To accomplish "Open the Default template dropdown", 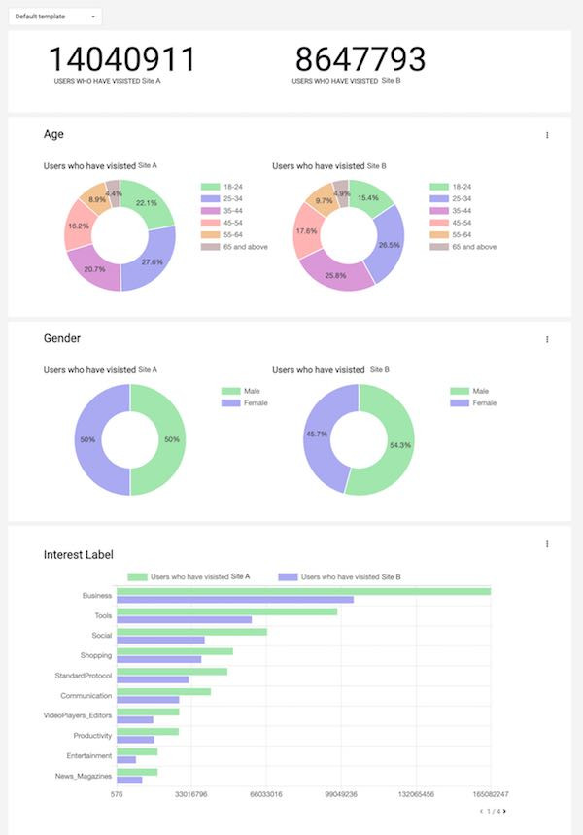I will pyautogui.click(x=54, y=17).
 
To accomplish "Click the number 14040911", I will pyautogui.click(x=122, y=60).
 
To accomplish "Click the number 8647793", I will pyautogui.click(x=360, y=60).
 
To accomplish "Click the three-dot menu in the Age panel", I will pyautogui.click(x=547, y=135).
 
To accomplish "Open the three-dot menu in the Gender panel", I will pyautogui.click(x=547, y=339).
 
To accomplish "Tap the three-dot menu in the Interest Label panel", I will pyautogui.click(x=547, y=544).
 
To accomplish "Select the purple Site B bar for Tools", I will pyautogui.click(x=184, y=619).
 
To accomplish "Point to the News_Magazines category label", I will pyautogui.click(x=84, y=776).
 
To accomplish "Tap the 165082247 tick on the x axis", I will pyautogui.click(x=491, y=794).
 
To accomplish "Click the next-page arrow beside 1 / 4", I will pyautogui.click(x=504, y=811).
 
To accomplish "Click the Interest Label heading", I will pyautogui.click(x=79, y=554).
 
